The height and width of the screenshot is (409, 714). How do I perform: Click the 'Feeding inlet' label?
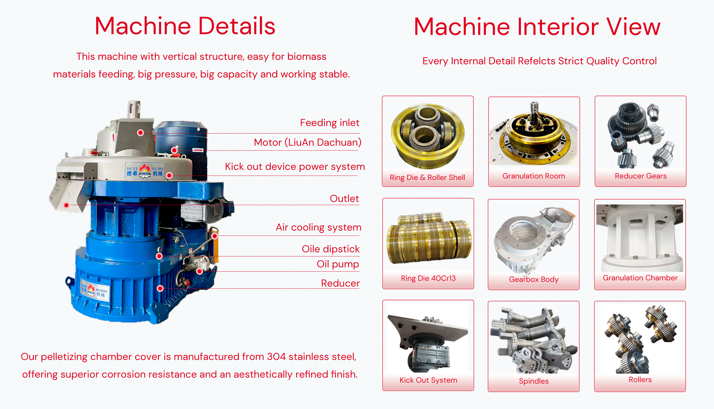click(329, 123)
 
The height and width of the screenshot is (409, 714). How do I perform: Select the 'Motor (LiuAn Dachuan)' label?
click(308, 142)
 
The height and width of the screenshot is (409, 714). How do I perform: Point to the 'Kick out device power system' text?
click(295, 167)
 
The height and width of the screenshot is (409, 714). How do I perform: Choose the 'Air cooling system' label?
click(318, 227)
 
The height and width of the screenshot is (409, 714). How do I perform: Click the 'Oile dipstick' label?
click(331, 249)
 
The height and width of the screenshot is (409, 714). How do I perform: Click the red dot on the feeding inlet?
click(141, 133)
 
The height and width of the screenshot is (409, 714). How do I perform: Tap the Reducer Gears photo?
click(641, 135)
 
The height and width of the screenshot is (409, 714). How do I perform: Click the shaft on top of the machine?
click(134, 110)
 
